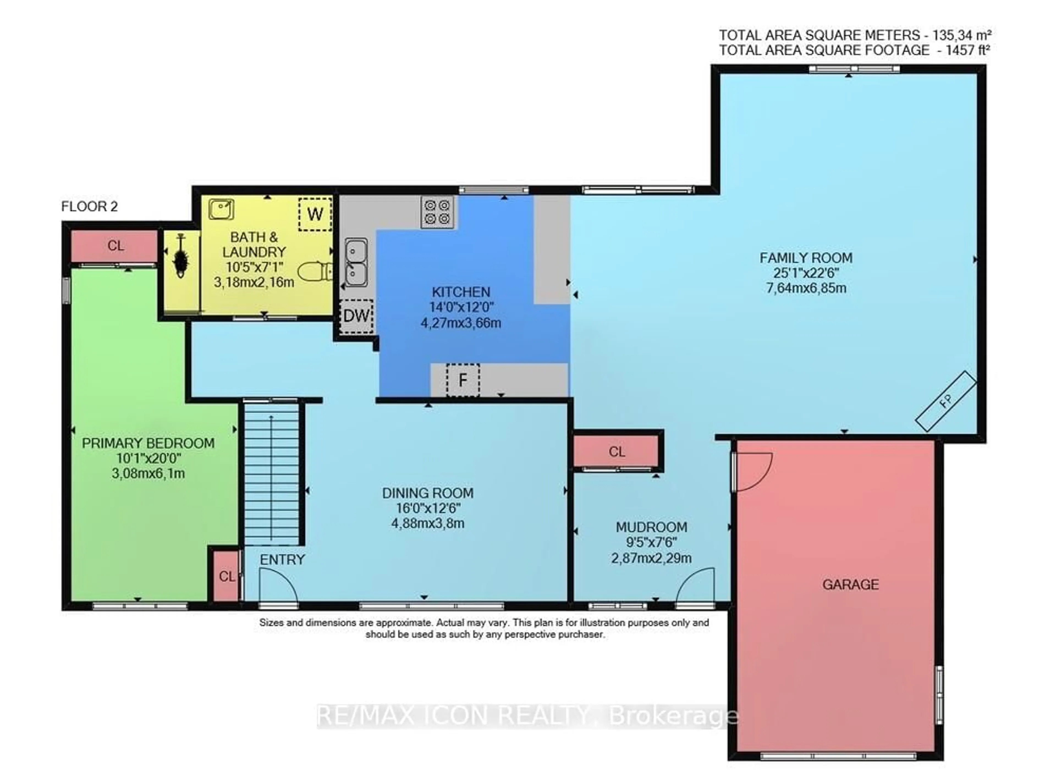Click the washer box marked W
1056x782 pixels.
(315, 214)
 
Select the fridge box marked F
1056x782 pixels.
(463, 380)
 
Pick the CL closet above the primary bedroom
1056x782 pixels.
(115, 245)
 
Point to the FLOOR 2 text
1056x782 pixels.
(89, 206)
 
